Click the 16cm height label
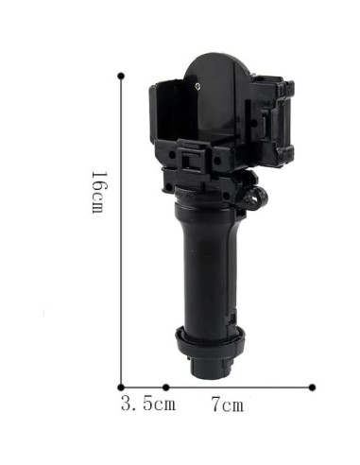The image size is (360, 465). point(99,192)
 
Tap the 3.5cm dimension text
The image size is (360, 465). point(148,404)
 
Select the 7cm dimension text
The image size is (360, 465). point(228,405)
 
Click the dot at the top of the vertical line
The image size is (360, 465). point(121,76)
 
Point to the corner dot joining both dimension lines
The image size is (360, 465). point(121,387)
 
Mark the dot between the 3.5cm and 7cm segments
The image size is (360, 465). point(166,387)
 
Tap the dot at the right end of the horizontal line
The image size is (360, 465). point(312,387)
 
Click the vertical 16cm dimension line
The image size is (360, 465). point(121,232)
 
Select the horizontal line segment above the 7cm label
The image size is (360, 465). point(239,387)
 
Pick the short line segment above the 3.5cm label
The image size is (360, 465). point(144,387)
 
